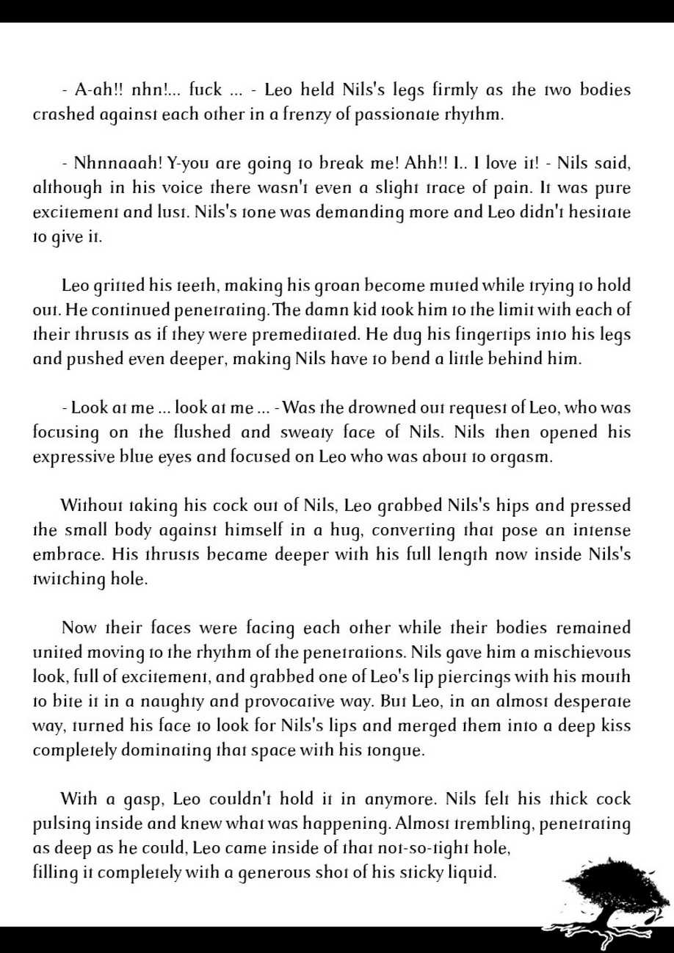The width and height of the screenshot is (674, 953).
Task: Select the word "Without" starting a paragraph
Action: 92,506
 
